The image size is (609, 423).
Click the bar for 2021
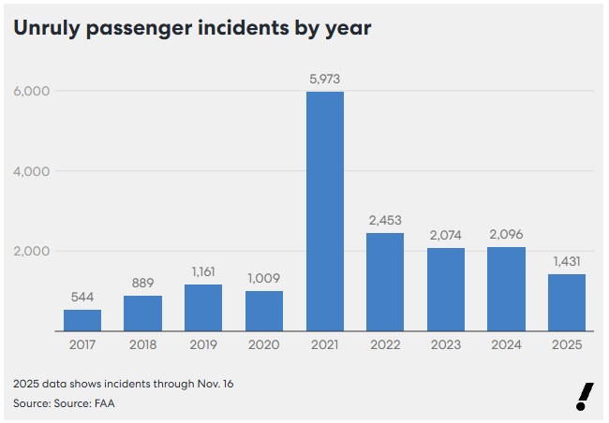[x=325, y=211]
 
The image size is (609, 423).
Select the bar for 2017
[x=82, y=320]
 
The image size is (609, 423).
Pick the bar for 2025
[x=567, y=302]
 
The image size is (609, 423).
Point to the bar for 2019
[x=203, y=307]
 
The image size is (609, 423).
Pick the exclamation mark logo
[x=585, y=397]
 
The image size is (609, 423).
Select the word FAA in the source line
[x=113, y=403]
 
